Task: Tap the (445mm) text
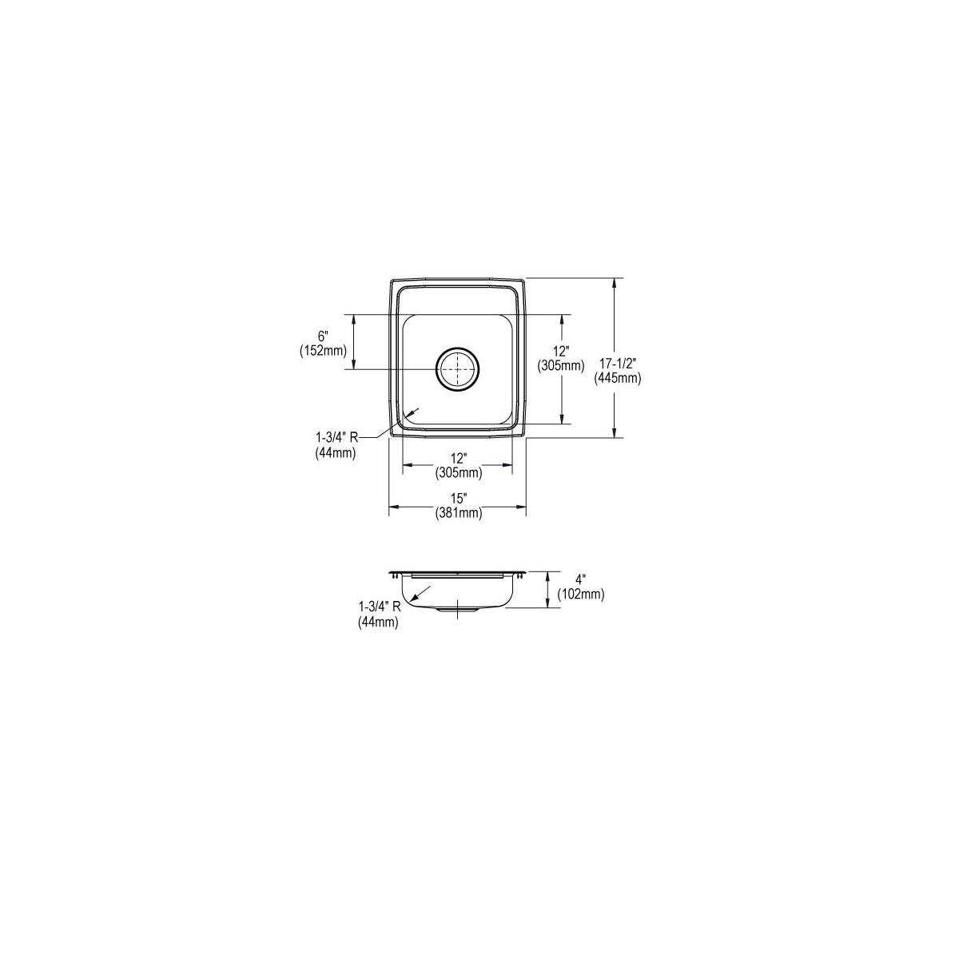click(617, 379)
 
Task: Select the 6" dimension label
click(324, 338)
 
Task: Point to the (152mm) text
click(323, 351)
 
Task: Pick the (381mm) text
click(459, 513)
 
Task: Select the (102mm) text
click(581, 594)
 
